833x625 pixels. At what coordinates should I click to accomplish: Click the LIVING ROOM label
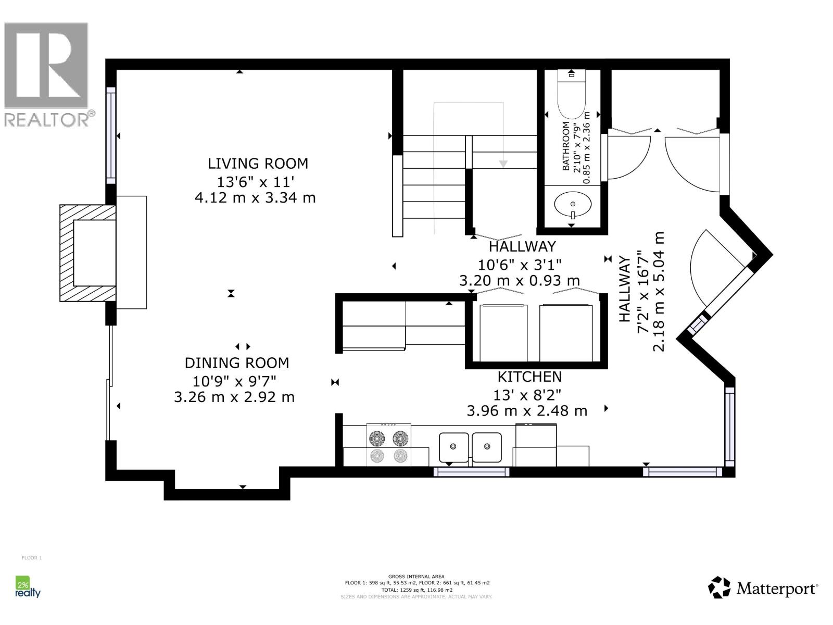click(258, 164)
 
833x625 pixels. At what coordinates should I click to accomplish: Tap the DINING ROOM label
click(237, 363)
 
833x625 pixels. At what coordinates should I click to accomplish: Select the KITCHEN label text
click(529, 377)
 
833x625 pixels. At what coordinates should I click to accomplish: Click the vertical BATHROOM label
click(566, 146)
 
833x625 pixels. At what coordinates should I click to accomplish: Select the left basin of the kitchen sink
click(453, 447)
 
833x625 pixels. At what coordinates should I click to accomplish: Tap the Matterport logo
click(763, 589)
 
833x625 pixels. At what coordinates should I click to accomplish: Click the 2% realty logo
click(27, 587)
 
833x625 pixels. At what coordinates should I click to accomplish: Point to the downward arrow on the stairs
click(503, 164)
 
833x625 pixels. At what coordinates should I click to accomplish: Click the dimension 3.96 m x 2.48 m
click(527, 411)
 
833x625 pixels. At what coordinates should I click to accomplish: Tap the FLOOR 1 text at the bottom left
click(31, 558)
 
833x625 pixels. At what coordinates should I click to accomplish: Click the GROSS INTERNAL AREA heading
click(416, 577)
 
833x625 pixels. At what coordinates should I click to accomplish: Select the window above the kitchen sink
click(472, 472)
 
